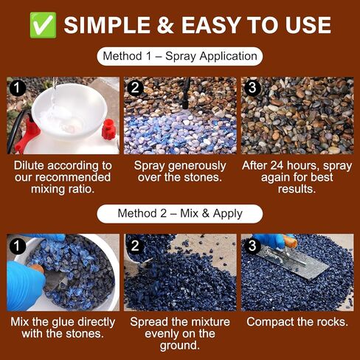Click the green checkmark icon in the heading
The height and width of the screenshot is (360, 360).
click(x=41, y=24)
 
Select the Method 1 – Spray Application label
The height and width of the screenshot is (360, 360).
click(x=180, y=56)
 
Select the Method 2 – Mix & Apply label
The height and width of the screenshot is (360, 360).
click(x=180, y=214)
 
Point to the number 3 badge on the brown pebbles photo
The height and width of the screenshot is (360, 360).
click(x=252, y=88)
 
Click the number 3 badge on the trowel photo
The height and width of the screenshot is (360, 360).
click(x=252, y=244)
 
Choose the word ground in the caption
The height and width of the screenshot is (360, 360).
click(x=179, y=346)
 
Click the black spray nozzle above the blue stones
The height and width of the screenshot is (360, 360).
click(x=187, y=89)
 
